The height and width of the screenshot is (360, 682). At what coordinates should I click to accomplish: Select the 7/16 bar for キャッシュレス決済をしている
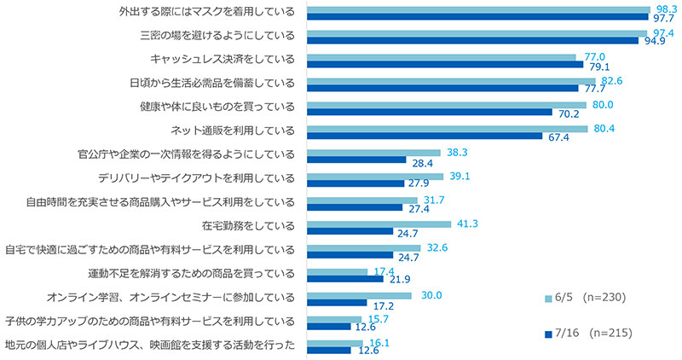443,64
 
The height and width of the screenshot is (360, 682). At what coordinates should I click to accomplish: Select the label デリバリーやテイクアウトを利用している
197,178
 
